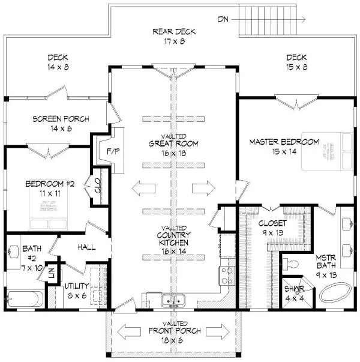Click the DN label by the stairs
click(x=223, y=19)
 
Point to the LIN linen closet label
click(x=52, y=271)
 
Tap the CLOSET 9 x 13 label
click(x=273, y=227)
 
